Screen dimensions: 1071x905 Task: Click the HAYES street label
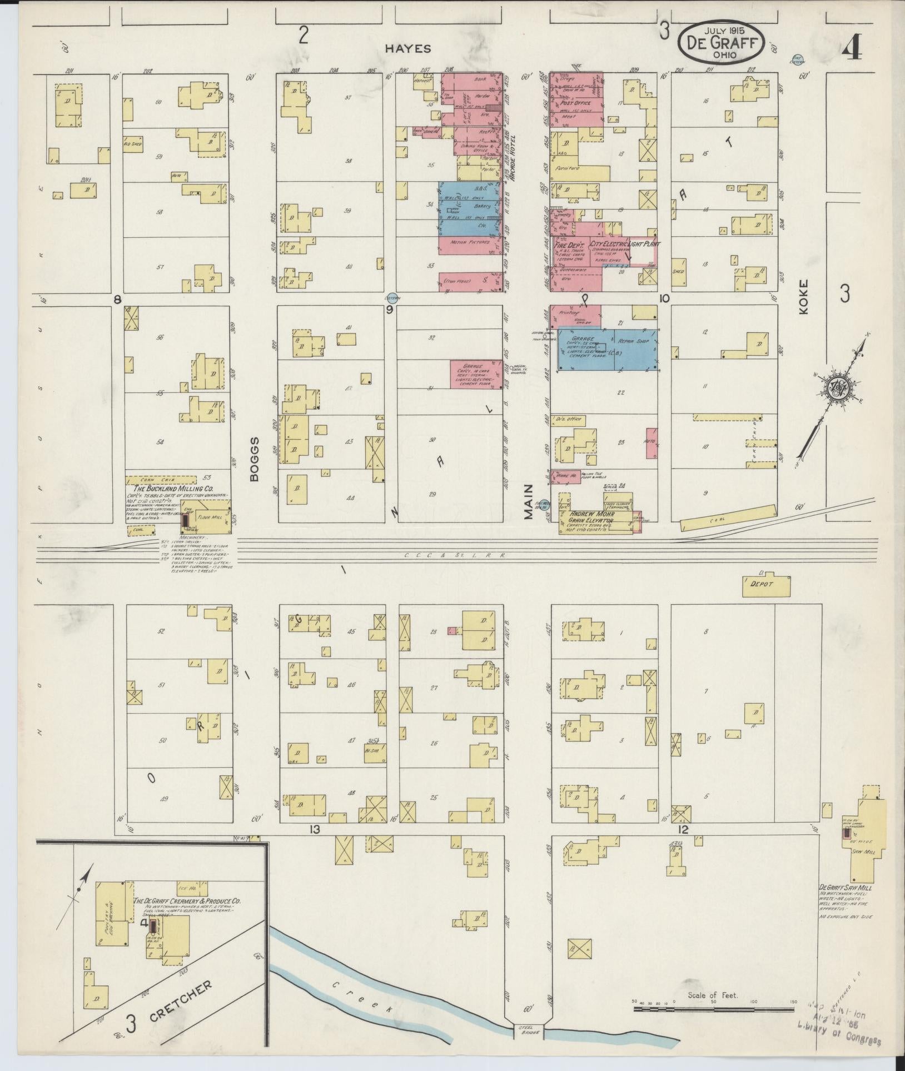(409, 49)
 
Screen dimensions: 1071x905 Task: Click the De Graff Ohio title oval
(720, 43)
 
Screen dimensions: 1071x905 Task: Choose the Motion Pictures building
(470, 242)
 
